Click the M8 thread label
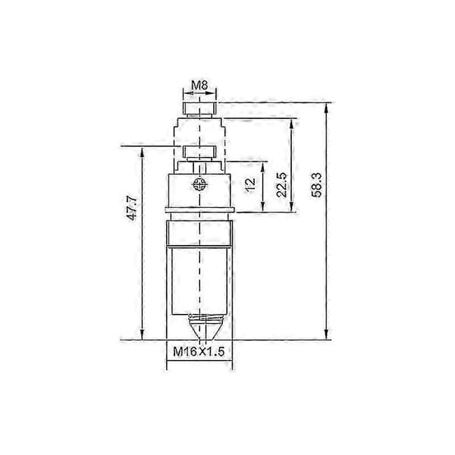pyautogui.click(x=199, y=85)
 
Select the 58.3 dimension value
pyautogui.click(x=316, y=185)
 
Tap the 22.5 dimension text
pyautogui.click(x=281, y=185)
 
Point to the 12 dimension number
pyautogui.click(x=249, y=184)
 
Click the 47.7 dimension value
pyautogui.click(x=132, y=208)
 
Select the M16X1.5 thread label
pyautogui.click(x=199, y=351)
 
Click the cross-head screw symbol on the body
pyautogui.click(x=199, y=184)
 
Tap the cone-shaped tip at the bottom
pyautogui.click(x=202, y=330)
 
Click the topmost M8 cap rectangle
pyautogui.click(x=199, y=108)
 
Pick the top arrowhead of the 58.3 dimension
pyautogui.click(x=326, y=108)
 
